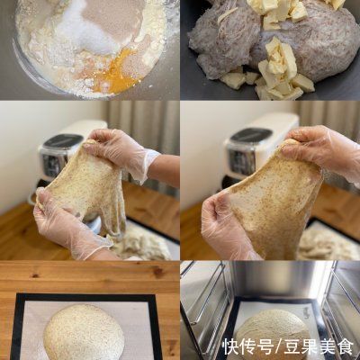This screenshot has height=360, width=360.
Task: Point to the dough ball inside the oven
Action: (270, 329)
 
